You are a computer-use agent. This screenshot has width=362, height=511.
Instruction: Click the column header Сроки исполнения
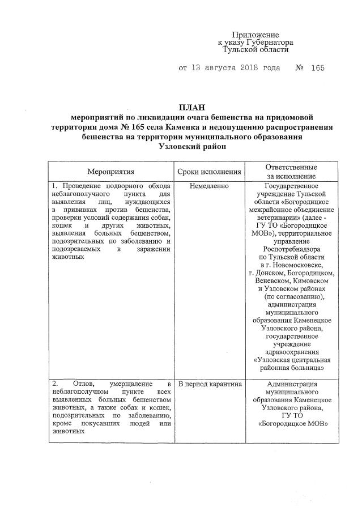(x=210, y=171)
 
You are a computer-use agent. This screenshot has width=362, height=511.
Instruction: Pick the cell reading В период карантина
(x=210, y=384)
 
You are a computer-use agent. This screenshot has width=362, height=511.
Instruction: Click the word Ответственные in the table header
(x=291, y=167)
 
